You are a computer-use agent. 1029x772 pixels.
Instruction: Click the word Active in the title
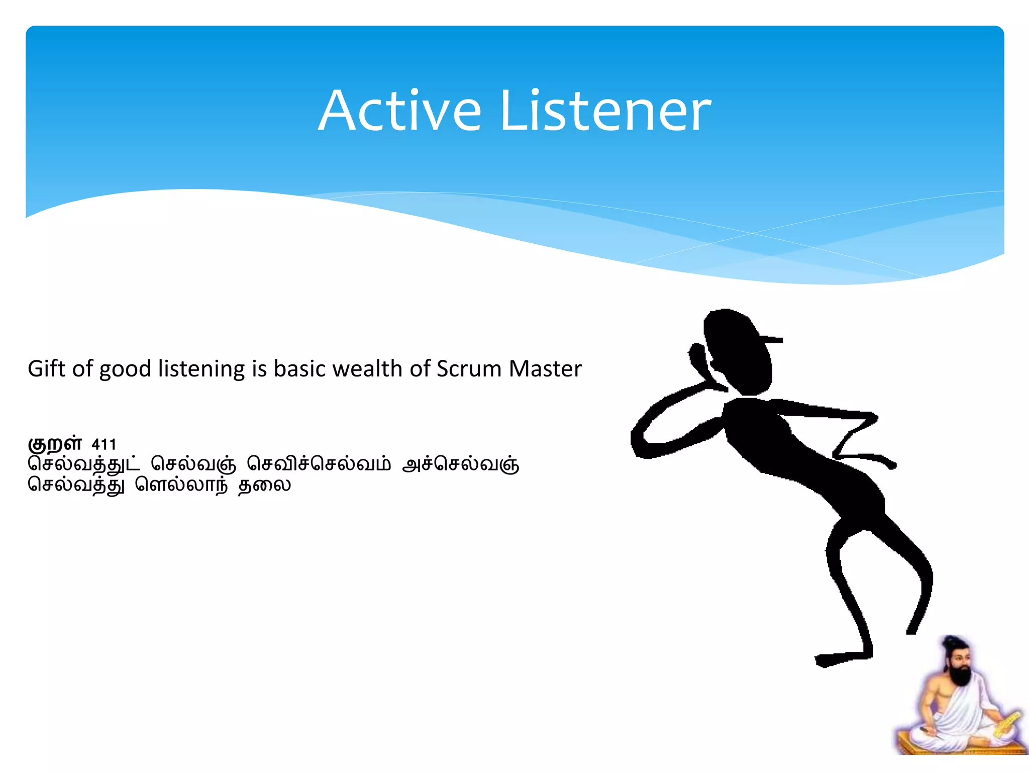(x=400, y=112)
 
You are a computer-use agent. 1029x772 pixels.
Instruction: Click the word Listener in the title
(x=605, y=112)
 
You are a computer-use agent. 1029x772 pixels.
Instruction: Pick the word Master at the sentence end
(x=545, y=369)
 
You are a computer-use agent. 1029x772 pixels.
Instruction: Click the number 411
(x=104, y=444)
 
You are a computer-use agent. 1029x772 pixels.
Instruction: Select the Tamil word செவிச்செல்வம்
(x=319, y=464)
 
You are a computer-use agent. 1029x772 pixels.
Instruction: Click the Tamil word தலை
(x=264, y=485)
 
